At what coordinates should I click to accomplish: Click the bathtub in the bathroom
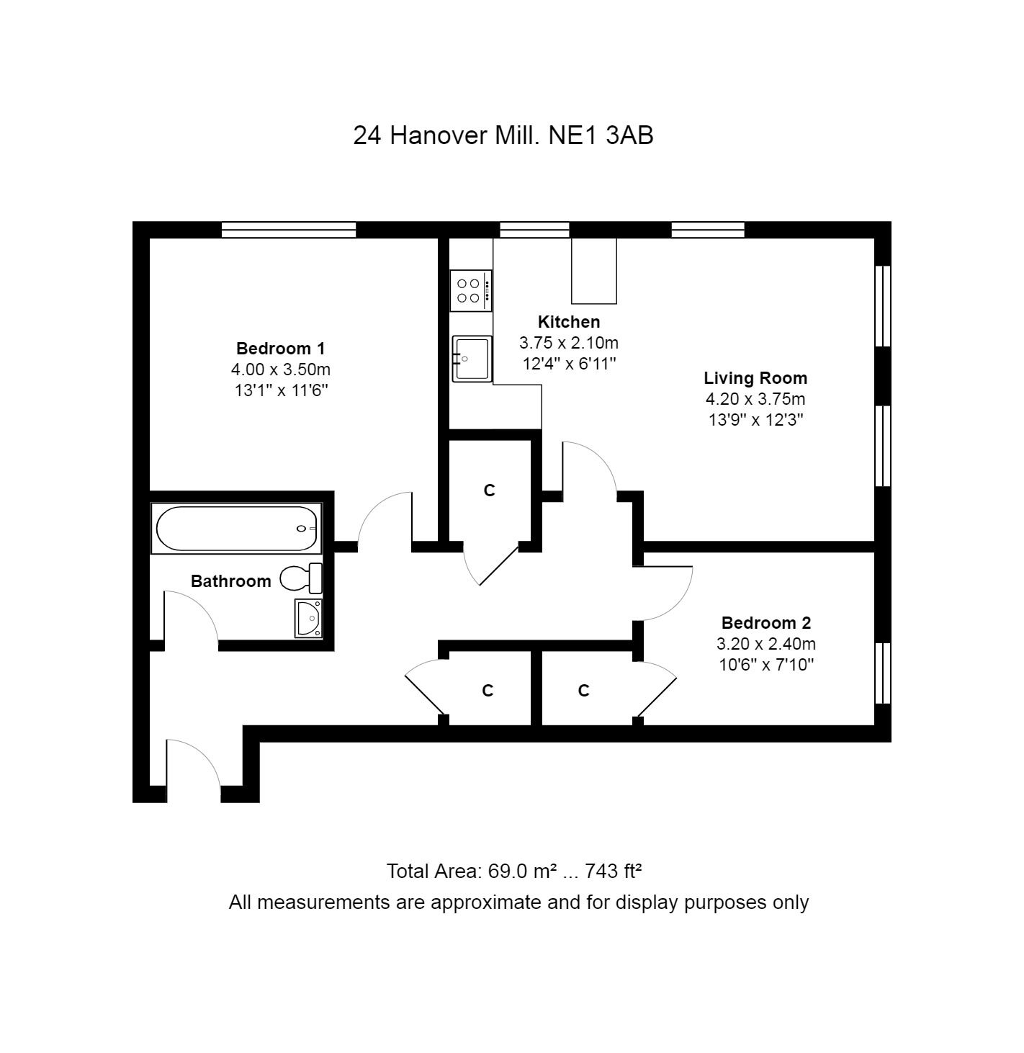236,528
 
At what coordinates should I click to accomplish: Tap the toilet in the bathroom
301,578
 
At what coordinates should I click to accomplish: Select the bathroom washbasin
308,618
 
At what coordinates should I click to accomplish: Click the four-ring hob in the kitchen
471,290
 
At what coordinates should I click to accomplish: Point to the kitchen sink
472,359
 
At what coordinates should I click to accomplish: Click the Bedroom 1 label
280,348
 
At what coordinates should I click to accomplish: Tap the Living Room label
755,377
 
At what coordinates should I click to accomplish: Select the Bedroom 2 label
766,623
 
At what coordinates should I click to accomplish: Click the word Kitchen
568,322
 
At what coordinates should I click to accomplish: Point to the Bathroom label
231,581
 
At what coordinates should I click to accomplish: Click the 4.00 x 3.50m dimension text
280,369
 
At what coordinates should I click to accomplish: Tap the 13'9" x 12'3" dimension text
755,419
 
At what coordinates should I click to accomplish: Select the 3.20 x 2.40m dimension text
766,644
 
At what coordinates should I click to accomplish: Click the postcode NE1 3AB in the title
601,135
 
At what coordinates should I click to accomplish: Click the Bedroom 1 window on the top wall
289,230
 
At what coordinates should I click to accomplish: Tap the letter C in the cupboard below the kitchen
489,490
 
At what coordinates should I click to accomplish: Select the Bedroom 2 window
882,673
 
